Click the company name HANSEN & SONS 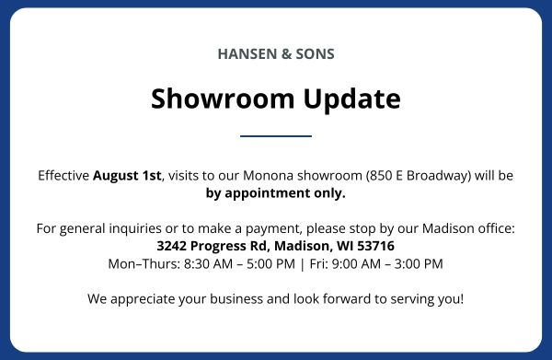pos(276,54)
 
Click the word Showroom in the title pos(223,99)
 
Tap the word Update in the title pos(351,99)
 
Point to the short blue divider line pos(276,136)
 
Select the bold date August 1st pos(127,176)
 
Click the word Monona pos(268,176)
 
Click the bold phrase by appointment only pos(276,193)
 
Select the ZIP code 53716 pos(375,246)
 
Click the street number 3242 pos(171,246)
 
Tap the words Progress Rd pos(230,247)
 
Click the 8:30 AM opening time pos(208,264)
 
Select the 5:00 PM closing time pos(270,264)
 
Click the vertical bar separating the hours pos(302,264)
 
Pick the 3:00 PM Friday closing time pos(419,264)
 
